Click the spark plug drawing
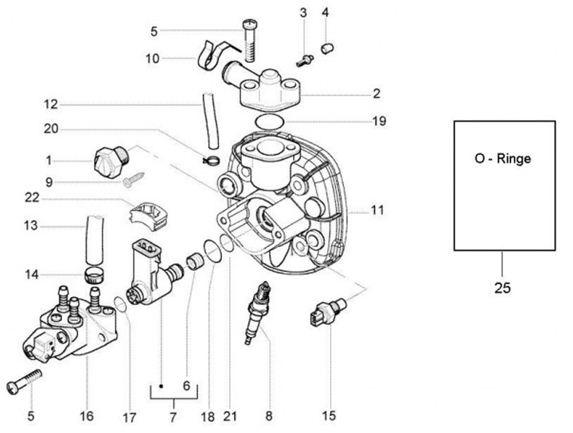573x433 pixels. point(257,313)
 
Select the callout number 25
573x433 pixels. point(502,288)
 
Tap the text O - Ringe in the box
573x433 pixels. point(502,159)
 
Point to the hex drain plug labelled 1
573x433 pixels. point(111,161)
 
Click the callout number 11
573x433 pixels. point(377,210)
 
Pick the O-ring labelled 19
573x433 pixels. point(270,122)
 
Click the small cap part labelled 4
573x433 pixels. point(327,48)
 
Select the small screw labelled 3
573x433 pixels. point(304,61)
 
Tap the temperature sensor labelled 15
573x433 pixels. point(329,310)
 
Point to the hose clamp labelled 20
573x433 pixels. point(212,160)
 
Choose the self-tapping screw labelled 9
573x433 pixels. point(134,180)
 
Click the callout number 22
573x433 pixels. point(32,198)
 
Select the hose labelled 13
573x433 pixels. point(95,240)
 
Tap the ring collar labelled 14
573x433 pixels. point(94,275)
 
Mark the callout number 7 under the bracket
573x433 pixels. point(173,416)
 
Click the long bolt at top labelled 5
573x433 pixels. point(250,41)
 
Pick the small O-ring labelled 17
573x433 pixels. point(121,304)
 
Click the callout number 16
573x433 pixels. point(87,416)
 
